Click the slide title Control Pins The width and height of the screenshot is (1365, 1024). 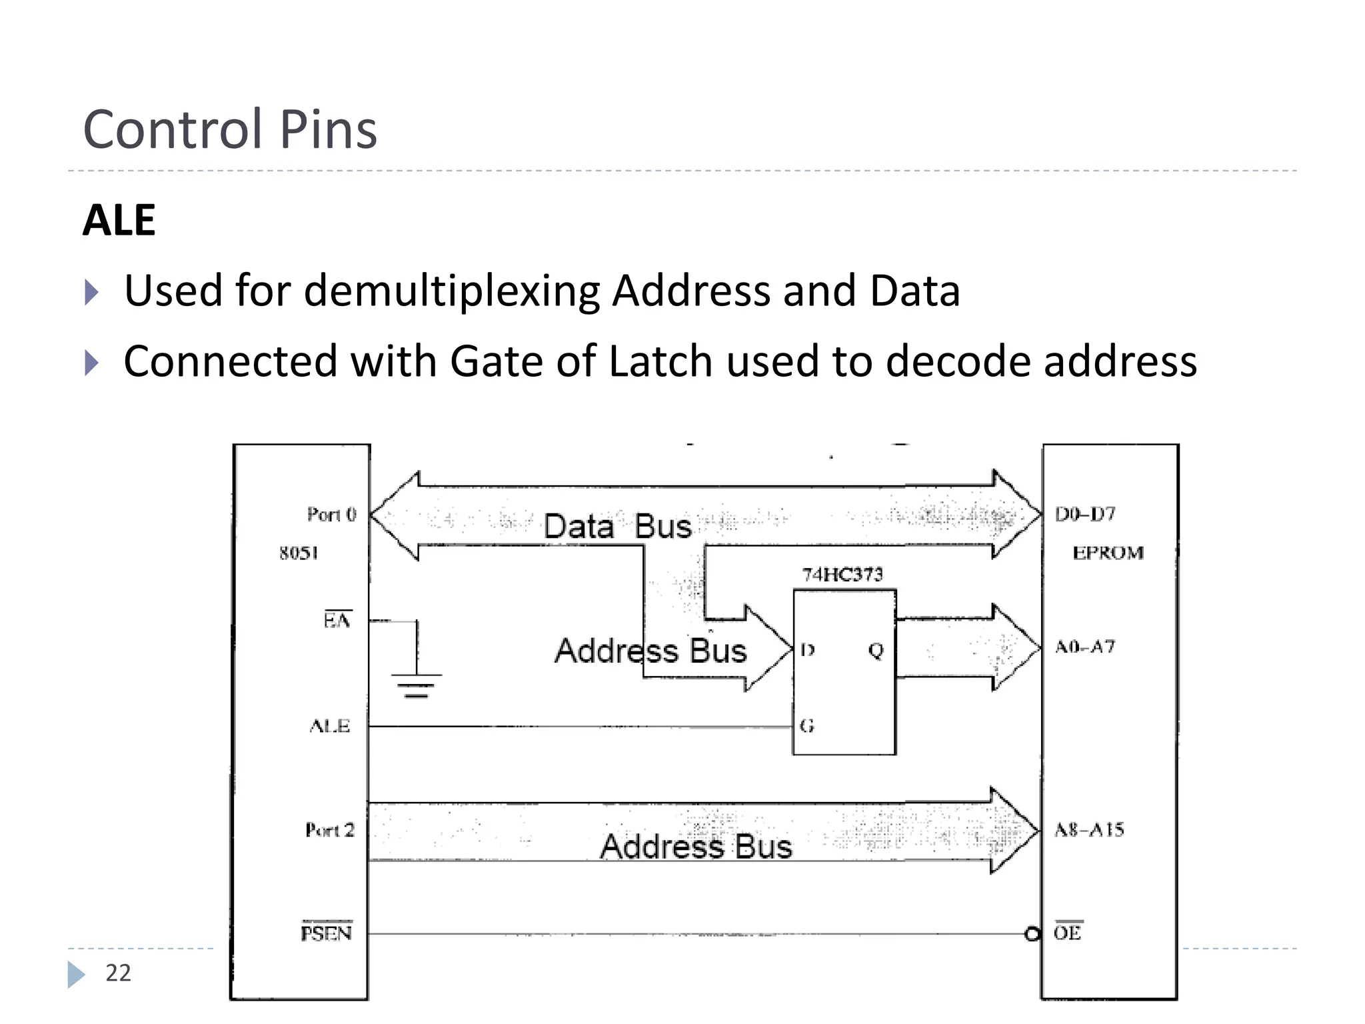click(x=230, y=129)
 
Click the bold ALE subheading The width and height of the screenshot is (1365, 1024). click(x=119, y=221)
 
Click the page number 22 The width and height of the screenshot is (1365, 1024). click(x=118, y=973)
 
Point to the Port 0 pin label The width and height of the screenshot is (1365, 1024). click(x=331, y=514)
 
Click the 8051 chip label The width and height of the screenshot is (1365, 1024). click(x=299, y=553)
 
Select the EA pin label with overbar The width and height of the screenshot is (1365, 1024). click(x=337, y=620)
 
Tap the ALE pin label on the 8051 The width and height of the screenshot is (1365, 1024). click(x=329, y=725)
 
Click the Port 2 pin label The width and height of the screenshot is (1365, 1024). click(x=330, y=830)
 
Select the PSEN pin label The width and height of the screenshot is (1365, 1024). click(x=326, y=932)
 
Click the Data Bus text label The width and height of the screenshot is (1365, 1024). click(x=617, y=527)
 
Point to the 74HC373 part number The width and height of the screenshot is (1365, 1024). click(x=842, y=574)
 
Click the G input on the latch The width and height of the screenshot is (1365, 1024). click(x=807, y=725)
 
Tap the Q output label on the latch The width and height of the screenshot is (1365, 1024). click(x=876, y=649)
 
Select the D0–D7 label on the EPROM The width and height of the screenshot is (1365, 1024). click(x=1085, y=514)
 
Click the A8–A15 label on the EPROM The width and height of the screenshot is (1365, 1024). click(x=1089, y=830)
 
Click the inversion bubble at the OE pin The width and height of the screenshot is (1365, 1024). click(x=1032, y=934)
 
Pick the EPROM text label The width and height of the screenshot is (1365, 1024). click(x=1108, y=553)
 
